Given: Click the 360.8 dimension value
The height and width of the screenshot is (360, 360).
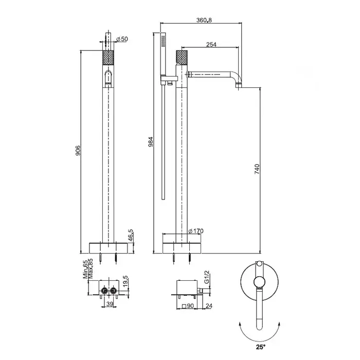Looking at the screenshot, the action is [204, 20].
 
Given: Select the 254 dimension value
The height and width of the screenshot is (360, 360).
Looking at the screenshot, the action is [211, 44].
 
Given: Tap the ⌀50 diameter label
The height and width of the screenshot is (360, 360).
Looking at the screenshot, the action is [122, 39].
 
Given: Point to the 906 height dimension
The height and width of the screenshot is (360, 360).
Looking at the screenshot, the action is [78, 150].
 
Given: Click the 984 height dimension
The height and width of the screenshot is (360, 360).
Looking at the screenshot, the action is [150, 142].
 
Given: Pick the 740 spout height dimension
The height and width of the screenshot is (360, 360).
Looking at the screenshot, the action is [257, 169].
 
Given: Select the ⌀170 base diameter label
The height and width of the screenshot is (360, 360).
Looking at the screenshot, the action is [196, 231].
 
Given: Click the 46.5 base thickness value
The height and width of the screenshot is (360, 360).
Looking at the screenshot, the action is [131, 236].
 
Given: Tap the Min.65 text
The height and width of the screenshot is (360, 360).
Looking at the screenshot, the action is [85, 269].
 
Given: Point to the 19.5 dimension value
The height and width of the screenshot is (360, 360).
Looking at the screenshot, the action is [125, 281].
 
